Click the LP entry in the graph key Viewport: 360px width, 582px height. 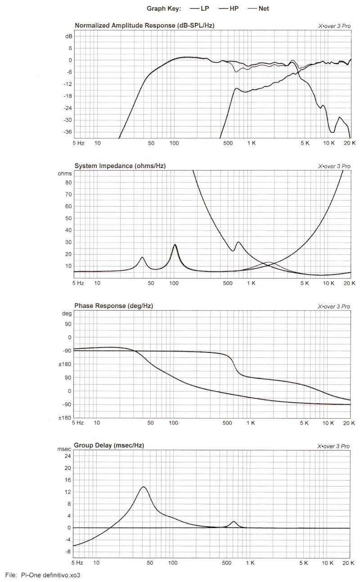pos(199,9)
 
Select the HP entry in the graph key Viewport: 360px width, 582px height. pos(228,9)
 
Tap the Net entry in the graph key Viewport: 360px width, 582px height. pos(258,9)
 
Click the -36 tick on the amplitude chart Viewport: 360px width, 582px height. pos(67,132)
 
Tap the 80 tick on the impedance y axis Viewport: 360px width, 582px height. pos(68,182)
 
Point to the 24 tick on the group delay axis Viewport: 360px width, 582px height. pos(67,456)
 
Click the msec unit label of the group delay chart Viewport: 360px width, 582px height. pos(64,449)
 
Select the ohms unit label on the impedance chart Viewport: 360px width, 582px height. pos(65,174)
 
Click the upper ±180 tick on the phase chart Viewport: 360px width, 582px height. pos(65,364)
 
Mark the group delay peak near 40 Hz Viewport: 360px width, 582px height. pos(144,487)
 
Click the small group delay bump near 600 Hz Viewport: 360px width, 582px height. pos(234,522)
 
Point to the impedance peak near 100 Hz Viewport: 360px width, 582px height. pos(175,244)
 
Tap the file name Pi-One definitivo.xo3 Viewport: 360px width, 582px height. pos(51,575)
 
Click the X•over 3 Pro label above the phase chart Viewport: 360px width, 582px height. pos(334,307)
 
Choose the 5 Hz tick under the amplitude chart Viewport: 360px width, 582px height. pos(78,143)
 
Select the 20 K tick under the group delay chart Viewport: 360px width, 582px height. pos(348,563)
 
